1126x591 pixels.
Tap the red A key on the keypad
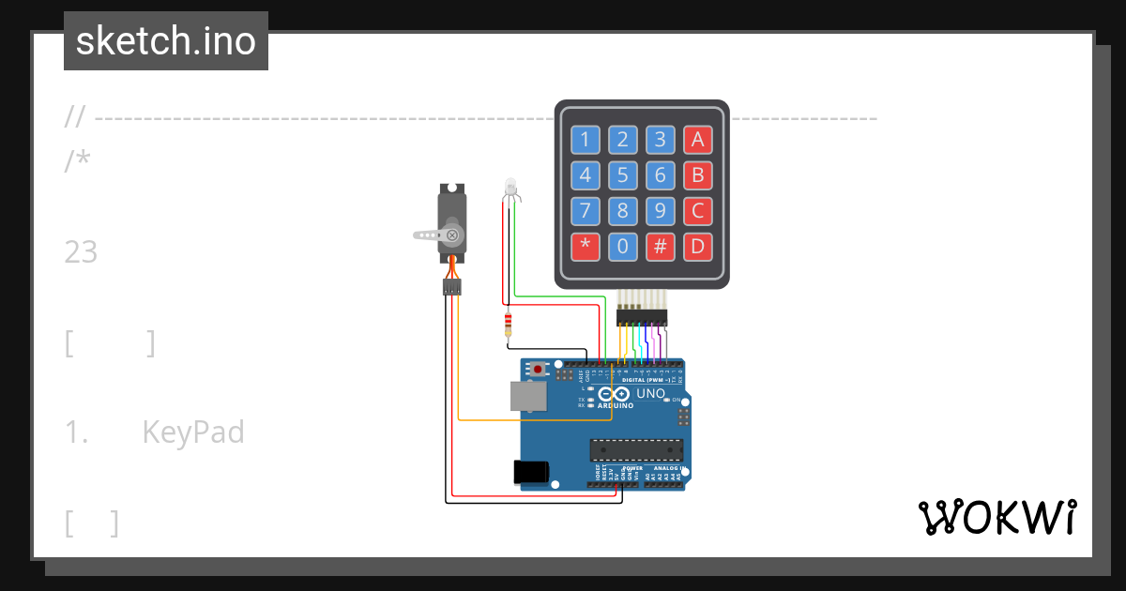coord(697,141)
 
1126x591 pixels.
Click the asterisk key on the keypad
coord(586,248)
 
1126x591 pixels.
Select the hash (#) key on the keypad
coord(661,248)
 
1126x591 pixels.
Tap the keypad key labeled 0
coord(623,248)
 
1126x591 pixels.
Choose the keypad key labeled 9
coord(661,211)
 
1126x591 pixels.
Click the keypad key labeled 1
coord(586,141)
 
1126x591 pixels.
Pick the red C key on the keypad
coord(697,211)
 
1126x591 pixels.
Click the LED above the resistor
coord(510,187)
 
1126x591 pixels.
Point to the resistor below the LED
coord(508,325)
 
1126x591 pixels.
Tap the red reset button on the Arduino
coord(538,370)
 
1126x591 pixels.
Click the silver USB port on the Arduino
coord(526,396)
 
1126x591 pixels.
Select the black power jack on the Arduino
coord(531,472)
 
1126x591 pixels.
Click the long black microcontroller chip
coord(635,449)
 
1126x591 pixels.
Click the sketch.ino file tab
coord(166,41)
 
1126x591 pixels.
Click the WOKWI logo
coord(997,517)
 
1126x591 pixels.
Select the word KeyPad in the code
coord(193,432)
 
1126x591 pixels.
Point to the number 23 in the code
coord(82,252)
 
